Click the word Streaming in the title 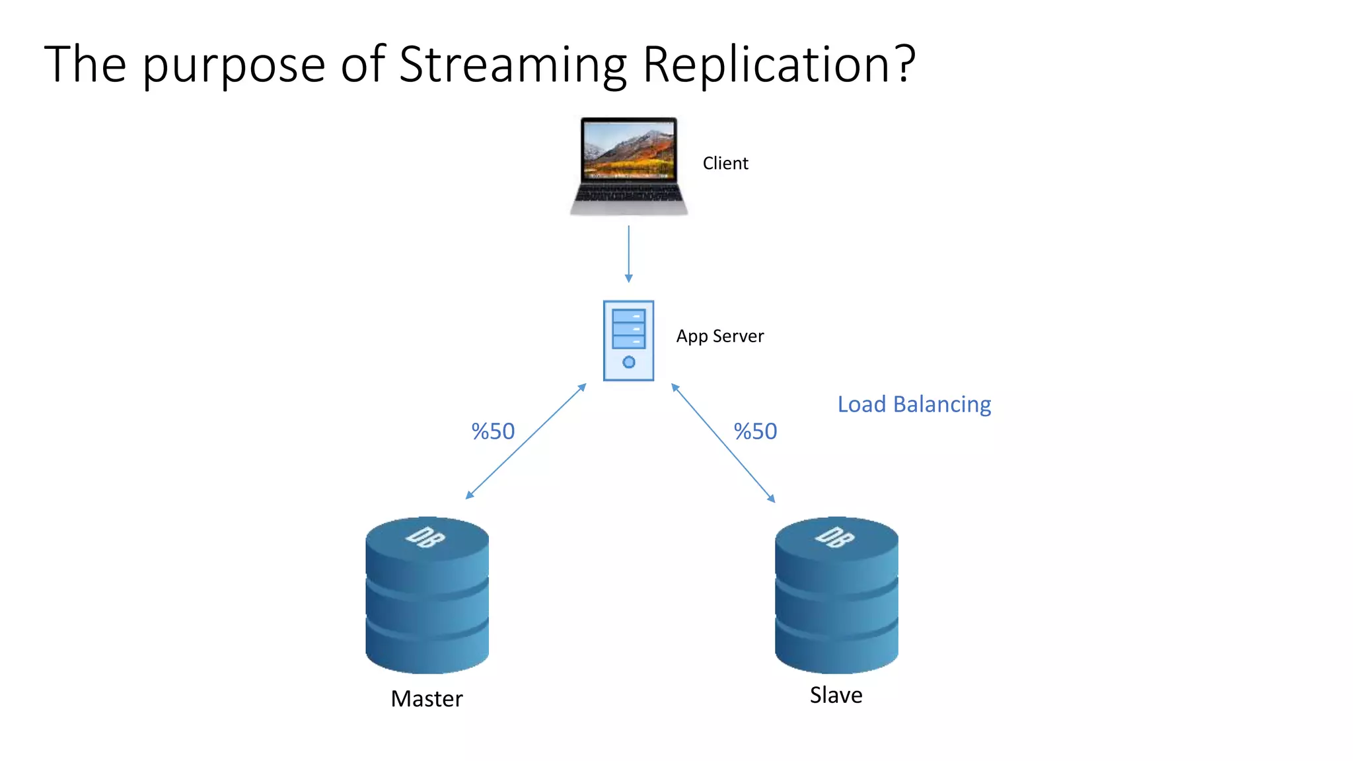(x=513, y=65)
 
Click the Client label (x=725, y=163)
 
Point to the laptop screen (x=629, y=150)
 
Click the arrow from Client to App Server (x=628, y=254)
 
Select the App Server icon (x=628, y=340)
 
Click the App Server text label (x=719, y=336)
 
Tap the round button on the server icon (x=629, y=362)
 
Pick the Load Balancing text (x=914, y=404)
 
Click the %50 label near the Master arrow (x=493, y=431)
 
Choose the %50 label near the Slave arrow (x=755, y=431)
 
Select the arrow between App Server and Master (x=526, y=441)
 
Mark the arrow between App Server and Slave (x=723, y=443)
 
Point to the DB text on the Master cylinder (x=425, y=538)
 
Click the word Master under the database (x=427, y=699)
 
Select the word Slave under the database (x=836, y=695)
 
